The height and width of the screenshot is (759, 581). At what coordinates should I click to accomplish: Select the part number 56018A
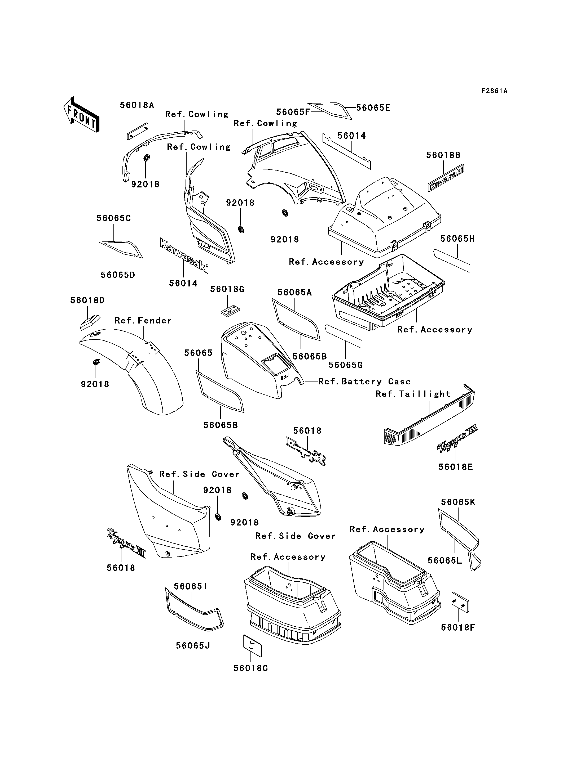(137, 105)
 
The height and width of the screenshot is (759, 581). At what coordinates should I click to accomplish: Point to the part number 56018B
(443, 155)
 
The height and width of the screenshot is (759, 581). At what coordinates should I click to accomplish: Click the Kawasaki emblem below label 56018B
(446, 178)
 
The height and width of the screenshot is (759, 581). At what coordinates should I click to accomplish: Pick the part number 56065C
(113, 218)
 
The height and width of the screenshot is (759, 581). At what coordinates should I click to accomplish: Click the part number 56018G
(227, 289)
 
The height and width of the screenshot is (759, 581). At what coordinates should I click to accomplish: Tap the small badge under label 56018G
(230, 310)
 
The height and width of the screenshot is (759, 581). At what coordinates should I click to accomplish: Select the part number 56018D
(87, 300)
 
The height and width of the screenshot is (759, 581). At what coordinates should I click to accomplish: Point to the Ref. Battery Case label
(364, 381)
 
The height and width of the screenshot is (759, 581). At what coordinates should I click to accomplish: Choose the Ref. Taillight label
(413, 394)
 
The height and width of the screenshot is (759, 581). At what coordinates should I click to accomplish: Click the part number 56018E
(455, 467)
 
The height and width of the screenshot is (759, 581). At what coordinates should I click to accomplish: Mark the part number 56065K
(458, 502)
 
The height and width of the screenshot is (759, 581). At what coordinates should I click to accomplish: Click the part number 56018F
(458, 627)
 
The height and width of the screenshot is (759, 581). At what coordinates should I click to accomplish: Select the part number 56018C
(251, 668)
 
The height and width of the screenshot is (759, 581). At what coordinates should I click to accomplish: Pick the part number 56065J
(193, 646)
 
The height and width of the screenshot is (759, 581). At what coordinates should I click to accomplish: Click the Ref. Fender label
(143, 321)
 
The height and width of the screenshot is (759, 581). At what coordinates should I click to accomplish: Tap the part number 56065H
(457, 239)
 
